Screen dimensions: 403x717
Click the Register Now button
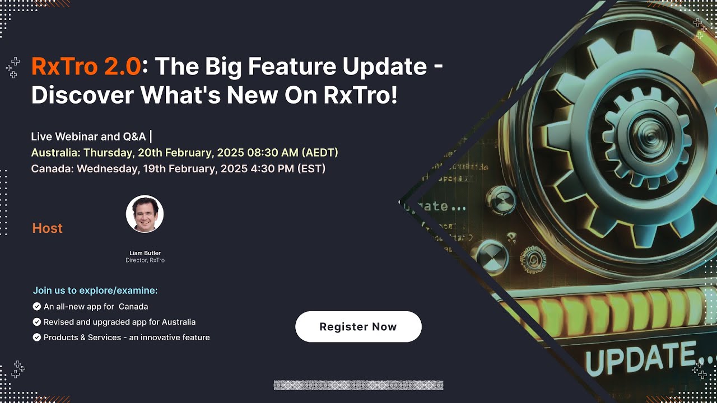click(358, 327)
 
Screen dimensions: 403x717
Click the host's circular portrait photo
click(145, 214)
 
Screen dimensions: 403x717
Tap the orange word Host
click(47, 228)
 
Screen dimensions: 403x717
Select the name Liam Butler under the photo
click(145, 253)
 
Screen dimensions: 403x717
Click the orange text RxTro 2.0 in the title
click(86, 67)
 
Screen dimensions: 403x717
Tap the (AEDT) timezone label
click(319, 153)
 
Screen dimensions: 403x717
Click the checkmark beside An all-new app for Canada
click(37, 306)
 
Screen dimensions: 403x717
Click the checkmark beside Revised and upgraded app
click(37, 322)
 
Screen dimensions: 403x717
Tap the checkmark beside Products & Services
click(37, 338)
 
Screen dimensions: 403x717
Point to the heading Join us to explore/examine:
click(95, 290)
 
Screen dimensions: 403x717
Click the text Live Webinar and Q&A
click(89, 137)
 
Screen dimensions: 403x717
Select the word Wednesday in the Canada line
click(105, 168)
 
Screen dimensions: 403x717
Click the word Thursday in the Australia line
click(107, 153)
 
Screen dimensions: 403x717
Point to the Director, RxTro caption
click(145, 260)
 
